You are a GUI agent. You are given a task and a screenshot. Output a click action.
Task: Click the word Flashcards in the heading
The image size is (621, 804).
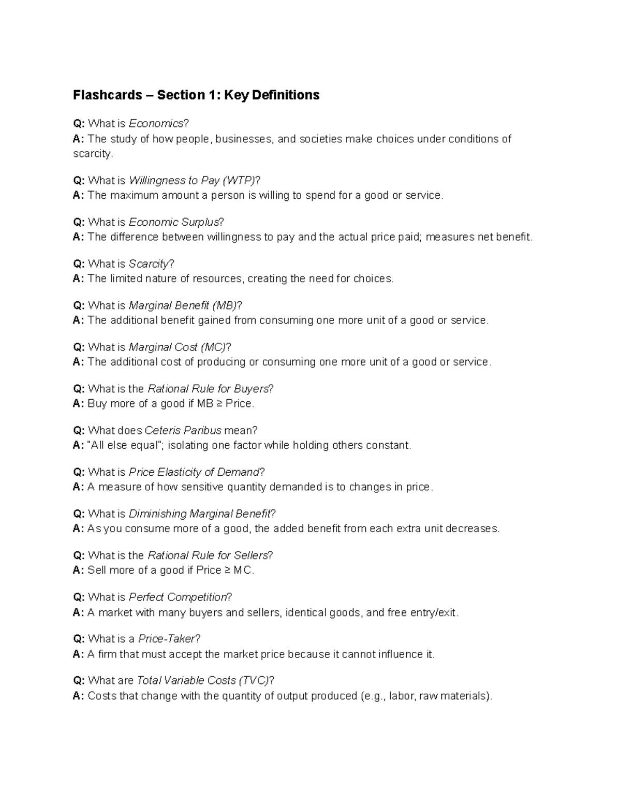click(x=107, y=95)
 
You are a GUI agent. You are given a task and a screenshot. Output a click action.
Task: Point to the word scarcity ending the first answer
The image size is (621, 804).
click(x=92, y=154)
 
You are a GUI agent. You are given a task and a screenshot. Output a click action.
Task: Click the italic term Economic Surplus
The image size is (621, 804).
click(x=174, y=223)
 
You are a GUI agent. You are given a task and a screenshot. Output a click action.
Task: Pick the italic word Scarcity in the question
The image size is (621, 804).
click(x=149, y=264)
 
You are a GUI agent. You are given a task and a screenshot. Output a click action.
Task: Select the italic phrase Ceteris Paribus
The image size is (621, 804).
click(x=183, y=431)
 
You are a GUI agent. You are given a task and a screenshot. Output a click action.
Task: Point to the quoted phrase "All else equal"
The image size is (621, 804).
click(x=124, y=445)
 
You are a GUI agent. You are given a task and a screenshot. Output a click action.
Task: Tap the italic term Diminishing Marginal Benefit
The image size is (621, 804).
click(x=199, y=514)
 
